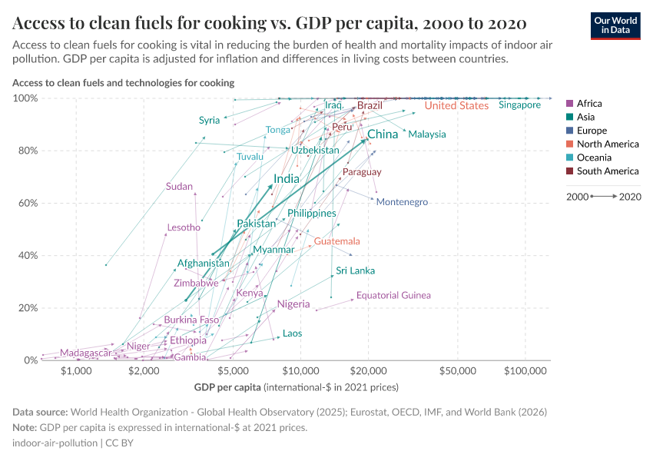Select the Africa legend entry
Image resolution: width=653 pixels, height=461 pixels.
(588, 104)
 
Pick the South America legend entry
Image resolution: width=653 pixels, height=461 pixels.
(607, 171)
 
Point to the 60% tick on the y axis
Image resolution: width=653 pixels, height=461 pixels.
(27, 203)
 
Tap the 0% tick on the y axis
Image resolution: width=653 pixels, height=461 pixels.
(30, 360)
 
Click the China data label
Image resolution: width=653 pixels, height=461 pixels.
(383, 134)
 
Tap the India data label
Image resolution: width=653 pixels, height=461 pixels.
(287, 178)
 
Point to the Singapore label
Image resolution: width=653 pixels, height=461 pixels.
(519, 105)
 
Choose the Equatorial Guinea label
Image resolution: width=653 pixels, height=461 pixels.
(393, 295)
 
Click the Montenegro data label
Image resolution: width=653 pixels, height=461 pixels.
(402, 202)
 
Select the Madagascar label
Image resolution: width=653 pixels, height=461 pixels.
(85, 353)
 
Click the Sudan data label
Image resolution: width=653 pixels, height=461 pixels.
(179, 187)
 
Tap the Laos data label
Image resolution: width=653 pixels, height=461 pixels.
(292, 333)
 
